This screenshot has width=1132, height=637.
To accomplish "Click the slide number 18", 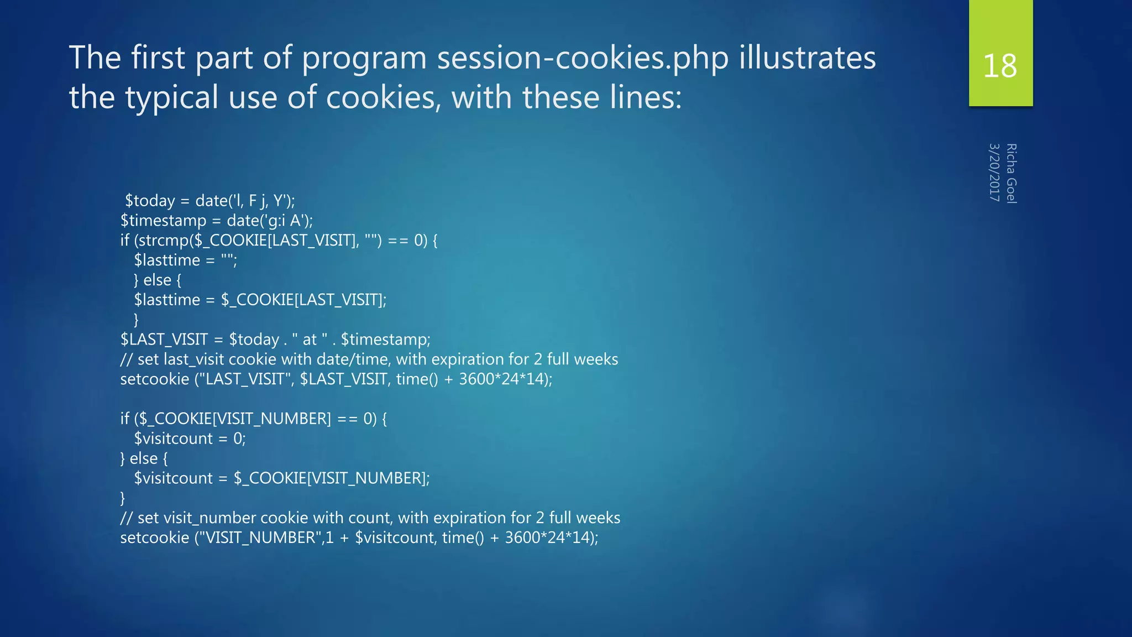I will coord(1000,66).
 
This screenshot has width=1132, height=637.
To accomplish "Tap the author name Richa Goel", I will coord(1012,174).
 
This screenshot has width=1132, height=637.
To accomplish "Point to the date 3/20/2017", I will coord(994,173).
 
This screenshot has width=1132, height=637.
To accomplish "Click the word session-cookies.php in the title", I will coord(583,58).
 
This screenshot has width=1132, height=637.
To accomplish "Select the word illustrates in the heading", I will coord(808,58).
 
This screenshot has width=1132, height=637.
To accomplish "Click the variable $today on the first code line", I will coord(150,201).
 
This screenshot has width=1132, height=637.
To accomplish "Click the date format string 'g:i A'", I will coord(287,221).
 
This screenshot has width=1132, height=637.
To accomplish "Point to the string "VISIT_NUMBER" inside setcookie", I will coord(260,537).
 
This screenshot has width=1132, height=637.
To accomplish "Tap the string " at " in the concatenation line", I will coord(310,340).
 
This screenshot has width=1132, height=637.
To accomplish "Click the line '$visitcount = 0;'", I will coord(190,439).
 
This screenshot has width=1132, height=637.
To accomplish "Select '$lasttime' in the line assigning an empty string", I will coord(167,260).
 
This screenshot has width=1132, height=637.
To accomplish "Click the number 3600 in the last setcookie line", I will coord(522,537).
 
